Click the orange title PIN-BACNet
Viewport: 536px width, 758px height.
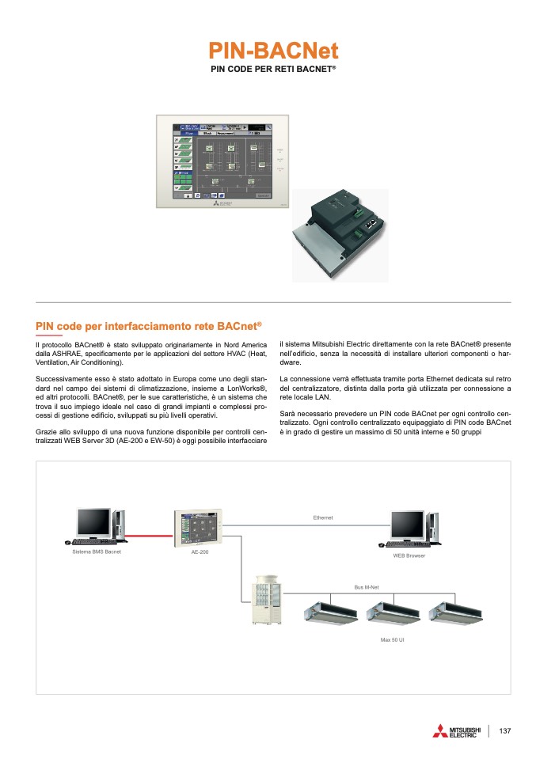273,51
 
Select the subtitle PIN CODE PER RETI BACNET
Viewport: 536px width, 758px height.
273,70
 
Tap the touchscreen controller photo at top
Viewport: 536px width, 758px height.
223,162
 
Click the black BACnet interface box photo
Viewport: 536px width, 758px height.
340,234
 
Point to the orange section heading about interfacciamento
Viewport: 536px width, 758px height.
149,326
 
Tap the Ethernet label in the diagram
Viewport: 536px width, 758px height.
323,517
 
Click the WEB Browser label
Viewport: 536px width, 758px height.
409,555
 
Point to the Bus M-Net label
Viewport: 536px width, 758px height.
367,588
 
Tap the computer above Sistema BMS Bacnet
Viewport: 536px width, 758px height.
97,526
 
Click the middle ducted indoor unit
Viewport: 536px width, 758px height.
393,612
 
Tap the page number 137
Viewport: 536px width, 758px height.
505,731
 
